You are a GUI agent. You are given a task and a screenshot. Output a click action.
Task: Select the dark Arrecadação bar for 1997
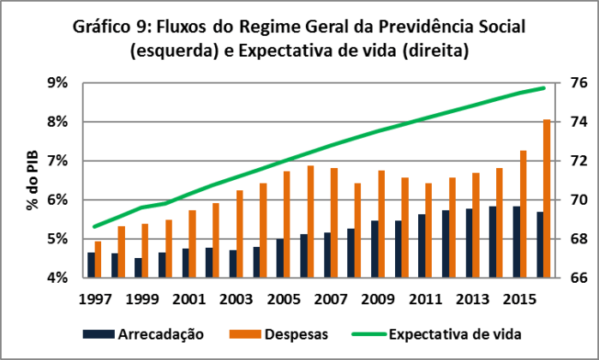tap(91, 265)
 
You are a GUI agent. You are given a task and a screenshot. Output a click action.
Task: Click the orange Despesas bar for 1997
tap(98, 260)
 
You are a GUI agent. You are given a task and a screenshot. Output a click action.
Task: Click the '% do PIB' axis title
tap(33, 180)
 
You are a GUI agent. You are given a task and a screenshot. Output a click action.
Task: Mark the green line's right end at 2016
tap(544, 88)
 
